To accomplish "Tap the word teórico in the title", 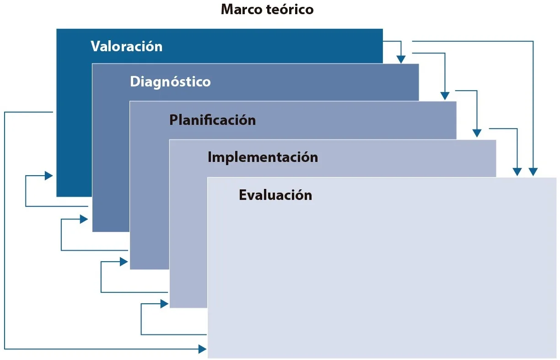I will [x=290, y=10].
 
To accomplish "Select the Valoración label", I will [x=126, y=46].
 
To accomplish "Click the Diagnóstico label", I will [x=170, y=82].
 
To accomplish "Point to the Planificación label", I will [x=212, y=120].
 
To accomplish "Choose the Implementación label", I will [x=263, y=157].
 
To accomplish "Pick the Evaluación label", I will [x=275, y=195].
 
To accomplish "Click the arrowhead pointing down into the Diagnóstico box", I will [x=401, y=59].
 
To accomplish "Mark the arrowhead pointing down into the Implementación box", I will [x=477, y=133].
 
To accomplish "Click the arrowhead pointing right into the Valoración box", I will [x=48, y=175].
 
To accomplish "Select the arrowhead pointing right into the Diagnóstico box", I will [x=84, y=219].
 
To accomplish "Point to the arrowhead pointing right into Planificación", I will [x=124, y=262].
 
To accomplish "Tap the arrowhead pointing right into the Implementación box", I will [x=164, y=303].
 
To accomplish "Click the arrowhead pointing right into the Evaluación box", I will [x=202, y=349].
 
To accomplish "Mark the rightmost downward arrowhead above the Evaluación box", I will [x=533, y=172].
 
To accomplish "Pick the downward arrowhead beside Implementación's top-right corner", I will [x=517, y=172].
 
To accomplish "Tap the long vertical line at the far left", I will [x=5, y=229].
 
